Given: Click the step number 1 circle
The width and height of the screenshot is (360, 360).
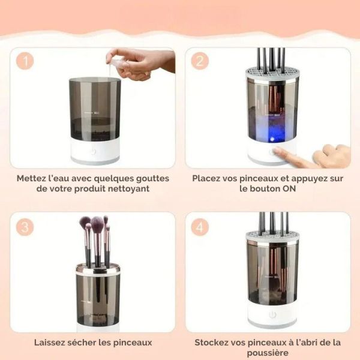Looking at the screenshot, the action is click(x=25, y=61).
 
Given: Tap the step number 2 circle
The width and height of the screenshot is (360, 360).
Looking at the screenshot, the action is click(x=200, y=61).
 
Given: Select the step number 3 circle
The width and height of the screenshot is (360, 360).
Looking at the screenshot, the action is click(x=25, y=227).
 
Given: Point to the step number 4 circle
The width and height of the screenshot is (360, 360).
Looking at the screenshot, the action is click(x=200, y=227).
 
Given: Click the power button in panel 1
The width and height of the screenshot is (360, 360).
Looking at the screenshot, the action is click(x=94, y=152).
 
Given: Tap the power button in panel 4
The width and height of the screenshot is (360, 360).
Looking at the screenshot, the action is click(x=272, y=314).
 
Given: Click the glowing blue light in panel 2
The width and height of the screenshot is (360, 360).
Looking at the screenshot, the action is click(x=272, y=139).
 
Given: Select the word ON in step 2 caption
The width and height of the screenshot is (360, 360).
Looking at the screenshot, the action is click(x=289, y=188).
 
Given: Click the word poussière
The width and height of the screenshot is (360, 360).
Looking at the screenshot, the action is click(x=268, y=353).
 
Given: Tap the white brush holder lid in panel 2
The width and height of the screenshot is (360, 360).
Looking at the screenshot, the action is click(x=272, y=73).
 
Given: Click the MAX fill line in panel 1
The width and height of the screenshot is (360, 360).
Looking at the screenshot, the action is click(x=91, y=113).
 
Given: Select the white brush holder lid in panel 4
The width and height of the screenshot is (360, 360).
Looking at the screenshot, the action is click(x=272, y=237).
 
